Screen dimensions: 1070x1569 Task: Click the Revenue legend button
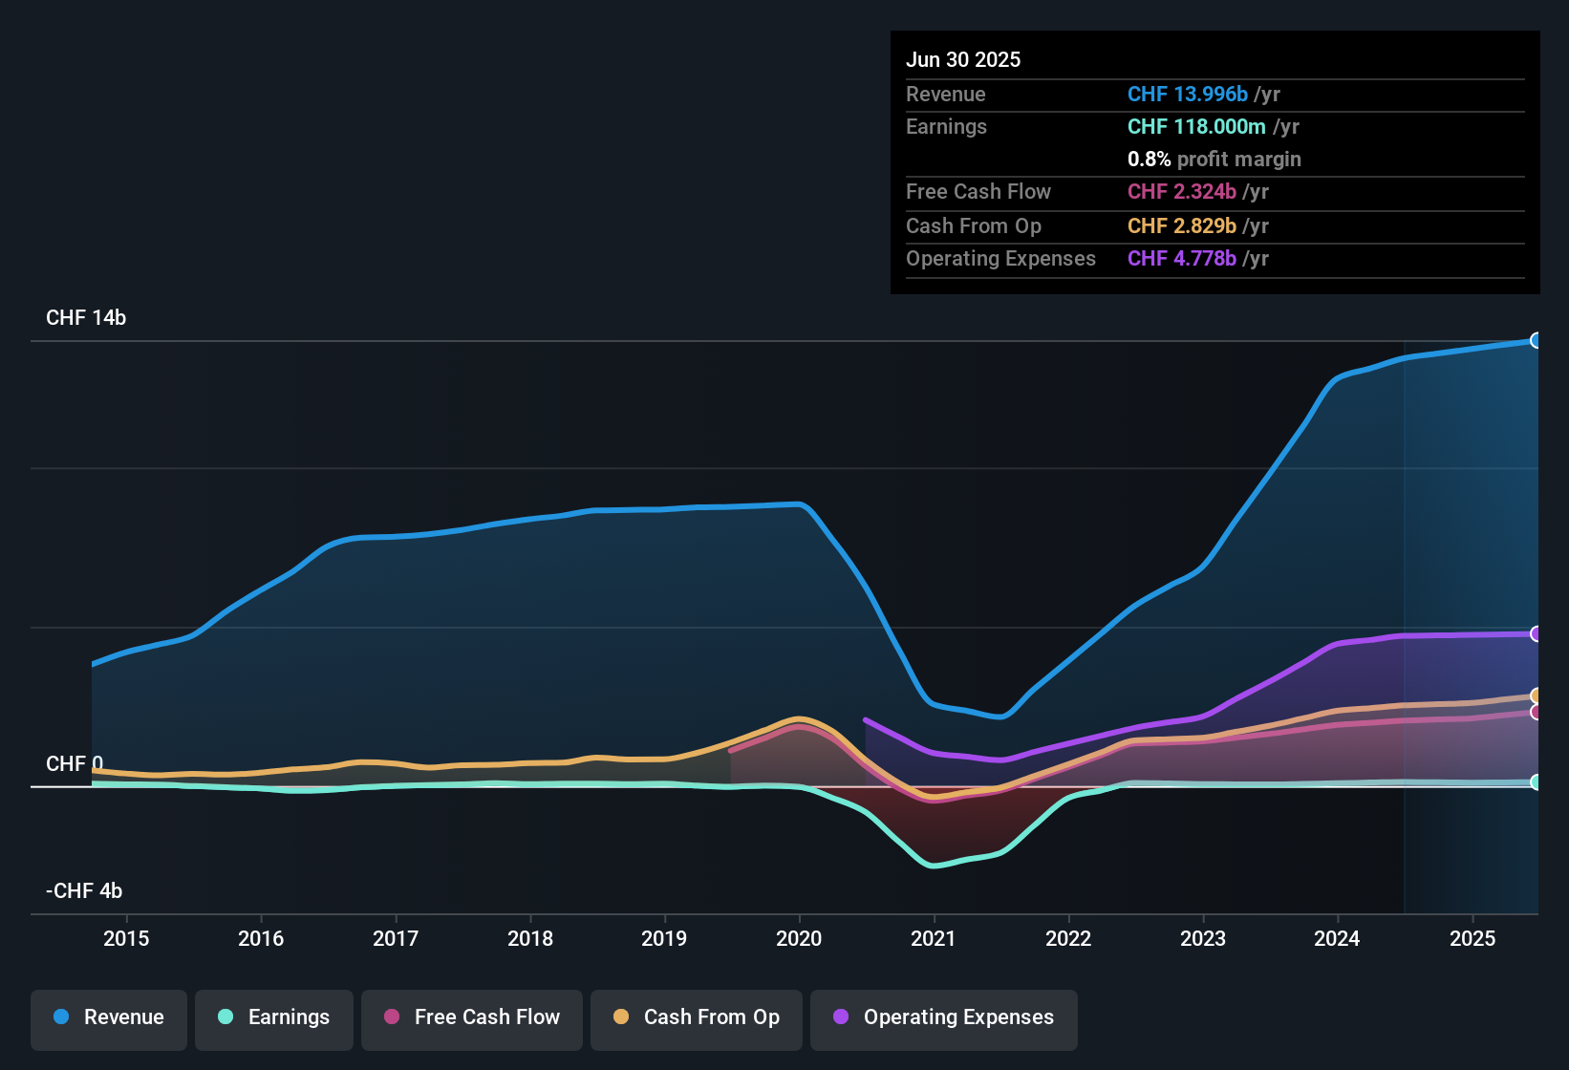(109, 1017)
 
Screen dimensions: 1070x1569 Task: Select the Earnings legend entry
(274, 1017)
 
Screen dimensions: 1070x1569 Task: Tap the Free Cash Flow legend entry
(472, 1017)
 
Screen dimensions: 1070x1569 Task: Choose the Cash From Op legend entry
(697, 1017)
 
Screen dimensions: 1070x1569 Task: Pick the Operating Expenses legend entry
(944, 1017)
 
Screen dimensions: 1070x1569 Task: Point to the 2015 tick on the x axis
(126, 938)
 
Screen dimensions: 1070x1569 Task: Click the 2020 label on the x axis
(799, 938)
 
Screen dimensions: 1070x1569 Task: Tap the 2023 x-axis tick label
(1203, 938)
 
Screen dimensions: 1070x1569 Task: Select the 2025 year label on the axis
(1472, 938)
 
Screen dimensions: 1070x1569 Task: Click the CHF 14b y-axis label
(86, 318)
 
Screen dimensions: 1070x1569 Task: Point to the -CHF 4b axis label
(84, 891)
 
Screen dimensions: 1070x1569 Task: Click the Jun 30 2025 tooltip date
(963, 60)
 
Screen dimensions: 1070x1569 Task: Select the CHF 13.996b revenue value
(1188, 95)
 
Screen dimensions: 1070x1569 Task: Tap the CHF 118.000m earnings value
(1196, 127)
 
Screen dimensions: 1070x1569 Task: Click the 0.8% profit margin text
(1214, 160)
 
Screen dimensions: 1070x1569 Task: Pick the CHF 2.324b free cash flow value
(1182, 192)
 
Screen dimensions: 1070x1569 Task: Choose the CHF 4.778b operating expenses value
(1182, 259)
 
